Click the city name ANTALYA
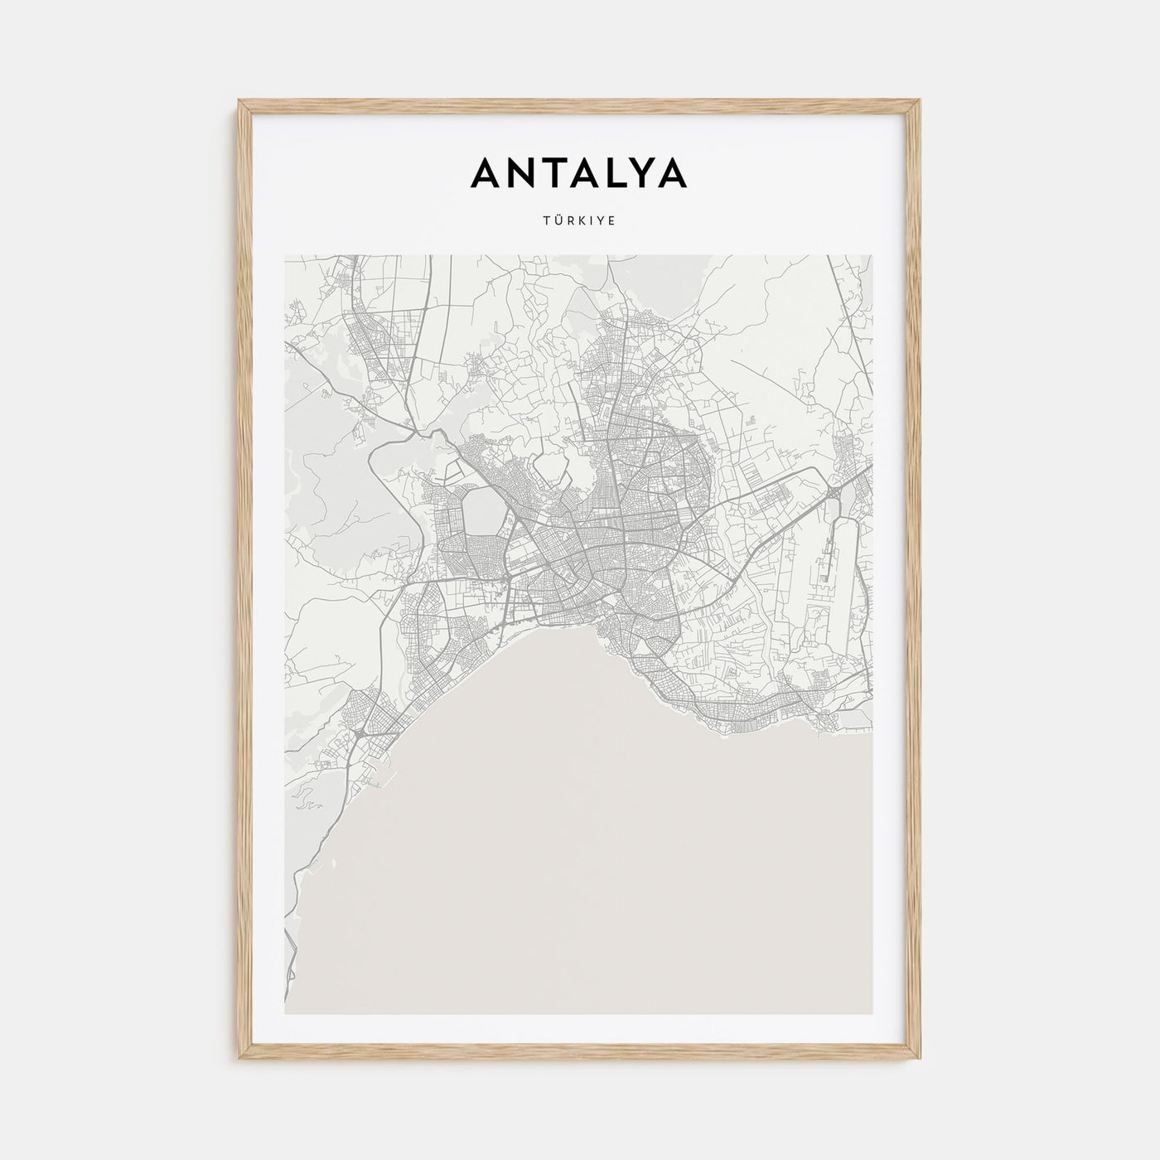578,172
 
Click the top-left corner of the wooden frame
240,102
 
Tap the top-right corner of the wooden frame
920,102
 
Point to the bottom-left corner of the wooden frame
240,1059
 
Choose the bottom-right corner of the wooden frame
920,1059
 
